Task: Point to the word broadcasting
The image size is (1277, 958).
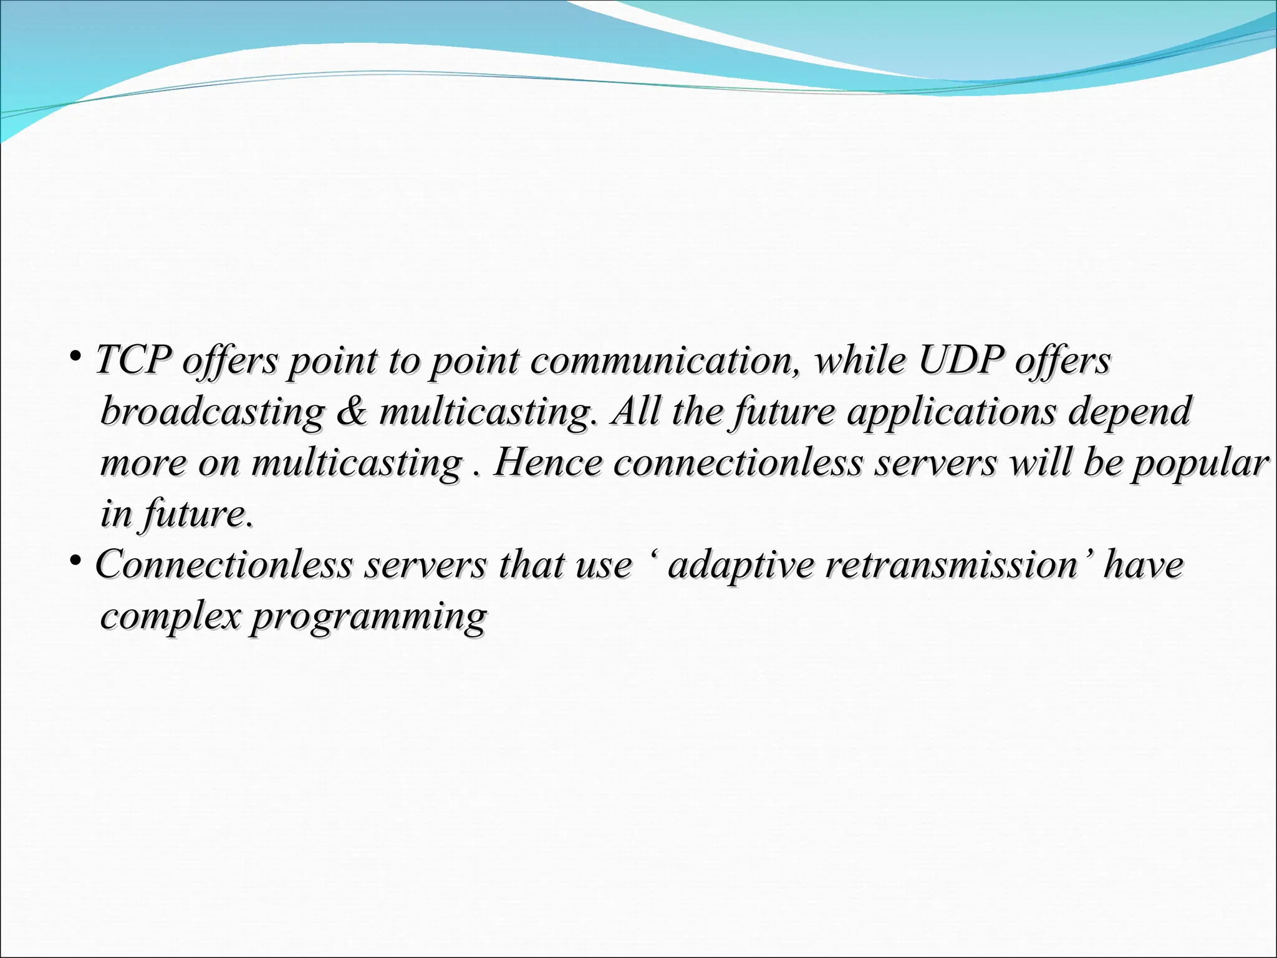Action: click(213, 413)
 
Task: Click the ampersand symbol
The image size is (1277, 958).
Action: click(352, 412)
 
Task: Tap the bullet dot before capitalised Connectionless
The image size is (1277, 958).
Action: click(75, 562)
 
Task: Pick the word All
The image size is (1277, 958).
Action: click(635, 412)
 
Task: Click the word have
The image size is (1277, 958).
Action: click(1143, 565)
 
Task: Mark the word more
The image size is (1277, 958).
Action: click(143, 464)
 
